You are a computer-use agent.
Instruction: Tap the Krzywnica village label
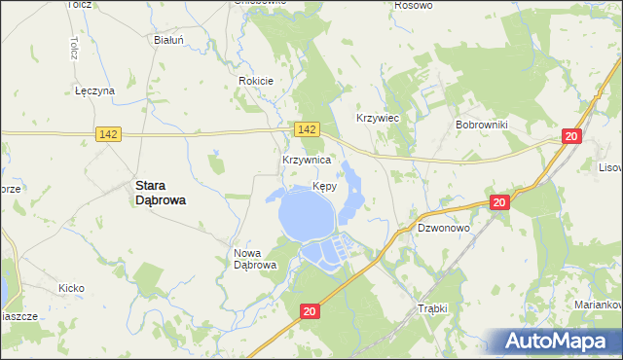click(x=307, y=159)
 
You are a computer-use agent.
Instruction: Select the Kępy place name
click(x=326, y=186)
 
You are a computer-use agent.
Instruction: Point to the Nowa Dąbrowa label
click(x=256, y=259)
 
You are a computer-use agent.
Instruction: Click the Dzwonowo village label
click(x=444, y=228)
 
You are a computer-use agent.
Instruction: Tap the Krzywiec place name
click(x=379, y=117)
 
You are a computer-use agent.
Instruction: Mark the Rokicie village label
click(x=256, y=81)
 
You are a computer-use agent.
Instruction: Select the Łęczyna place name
click(x=95, y=90)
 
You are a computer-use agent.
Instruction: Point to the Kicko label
click(x=71, y=288)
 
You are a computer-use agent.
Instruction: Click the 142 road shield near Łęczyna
click(x=108, y=134)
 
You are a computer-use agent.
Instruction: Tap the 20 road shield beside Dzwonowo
click(x=498, y=202)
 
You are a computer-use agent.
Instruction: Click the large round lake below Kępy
click(x=307, y=215)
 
